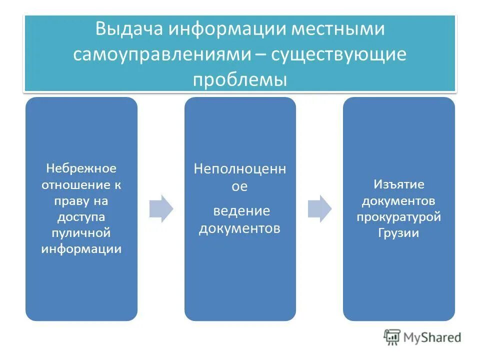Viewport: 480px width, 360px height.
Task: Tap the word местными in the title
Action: pos(338,28)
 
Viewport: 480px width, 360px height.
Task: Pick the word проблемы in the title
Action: pos(240,80)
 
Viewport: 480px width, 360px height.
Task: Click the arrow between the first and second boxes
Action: pos(161,208)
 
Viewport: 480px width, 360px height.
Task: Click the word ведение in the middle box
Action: pos(241,210)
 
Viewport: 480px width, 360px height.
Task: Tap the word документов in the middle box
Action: pos(239,228)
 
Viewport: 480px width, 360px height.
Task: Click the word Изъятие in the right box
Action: pos(399,184)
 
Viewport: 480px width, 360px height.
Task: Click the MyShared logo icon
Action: pos(392,337)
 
